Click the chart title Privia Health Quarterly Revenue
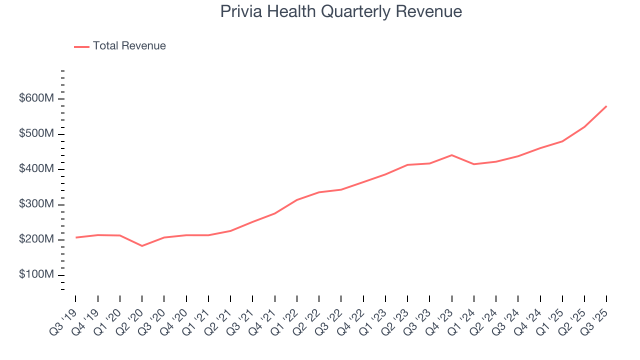341,11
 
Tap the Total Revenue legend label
129,46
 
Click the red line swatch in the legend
81,46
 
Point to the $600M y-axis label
36,99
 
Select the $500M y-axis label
36,134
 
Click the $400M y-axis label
36,169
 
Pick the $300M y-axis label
36,204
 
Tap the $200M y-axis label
36,240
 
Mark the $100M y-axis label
36,275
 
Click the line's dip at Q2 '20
142,246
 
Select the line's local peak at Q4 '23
452,155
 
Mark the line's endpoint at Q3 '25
606,106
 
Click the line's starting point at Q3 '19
76,237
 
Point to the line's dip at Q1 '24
474,164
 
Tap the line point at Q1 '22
297,200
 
